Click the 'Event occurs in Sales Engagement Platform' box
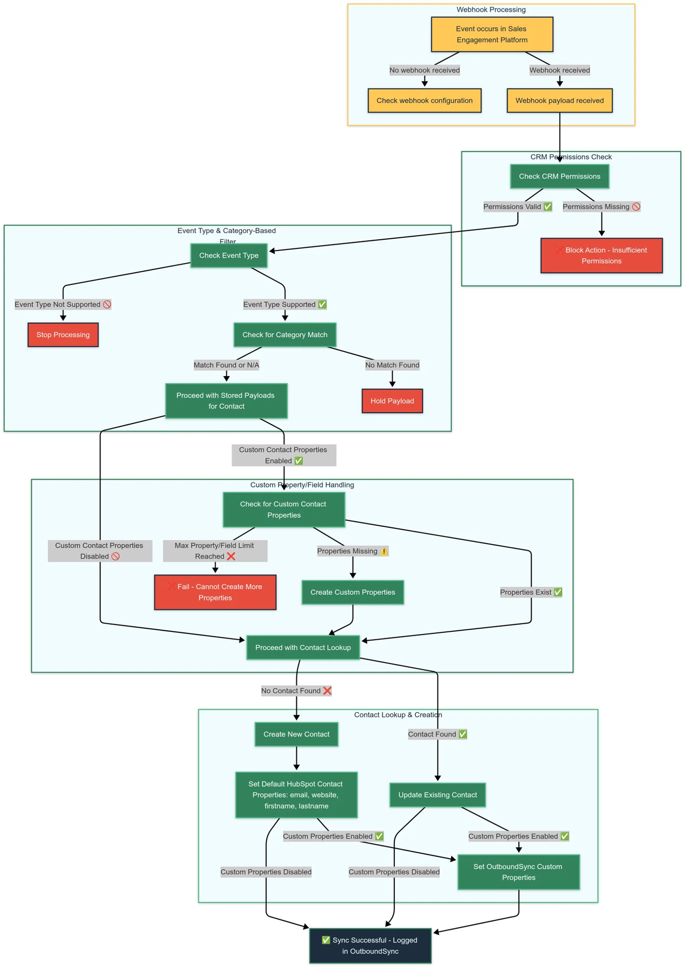491,34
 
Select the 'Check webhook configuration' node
424,100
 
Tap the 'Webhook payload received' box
559,100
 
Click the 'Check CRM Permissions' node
559,176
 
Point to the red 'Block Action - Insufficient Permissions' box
601,256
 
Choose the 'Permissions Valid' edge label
517,207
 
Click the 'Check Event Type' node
229,256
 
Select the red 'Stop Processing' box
63,335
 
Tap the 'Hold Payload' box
392,401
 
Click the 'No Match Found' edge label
392,365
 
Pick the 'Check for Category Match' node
285,335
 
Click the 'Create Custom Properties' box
352,592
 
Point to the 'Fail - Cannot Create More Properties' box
215,592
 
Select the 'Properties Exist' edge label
531,592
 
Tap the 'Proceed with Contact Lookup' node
303,648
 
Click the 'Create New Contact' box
296,734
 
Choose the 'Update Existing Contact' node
437,795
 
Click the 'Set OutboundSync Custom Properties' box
518,872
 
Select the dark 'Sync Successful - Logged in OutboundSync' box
370,946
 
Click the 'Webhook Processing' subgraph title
491,10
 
